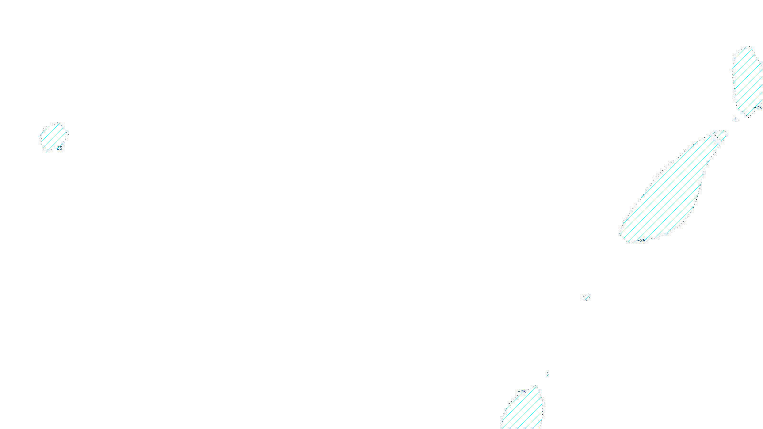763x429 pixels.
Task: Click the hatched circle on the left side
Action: click(54, 137)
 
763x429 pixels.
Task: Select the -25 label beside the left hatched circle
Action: click(58, 148)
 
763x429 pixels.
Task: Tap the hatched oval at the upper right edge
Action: click(746, 79)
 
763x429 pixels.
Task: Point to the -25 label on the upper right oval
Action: click(758, 108)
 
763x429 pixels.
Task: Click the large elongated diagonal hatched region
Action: click(668, 195)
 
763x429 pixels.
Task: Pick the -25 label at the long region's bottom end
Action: click(641, 241)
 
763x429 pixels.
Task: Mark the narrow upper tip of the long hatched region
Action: click(720, 135)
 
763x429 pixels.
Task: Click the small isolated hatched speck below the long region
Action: click(587, 298)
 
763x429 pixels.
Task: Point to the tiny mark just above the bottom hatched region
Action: click(547, 374)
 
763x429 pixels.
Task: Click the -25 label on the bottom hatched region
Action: click(522, 392)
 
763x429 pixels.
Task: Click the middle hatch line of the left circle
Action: click(54, 137)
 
